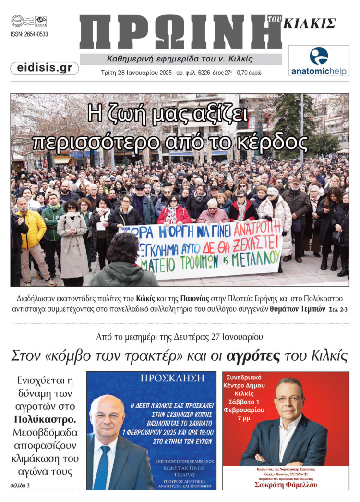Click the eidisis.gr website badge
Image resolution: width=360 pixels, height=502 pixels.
coord(44,68)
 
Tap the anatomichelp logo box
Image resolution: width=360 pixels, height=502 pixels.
coord(319,61)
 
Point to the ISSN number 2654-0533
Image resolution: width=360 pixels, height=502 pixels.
coord(29,34)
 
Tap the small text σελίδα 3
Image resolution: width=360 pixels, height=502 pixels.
coord(20,486)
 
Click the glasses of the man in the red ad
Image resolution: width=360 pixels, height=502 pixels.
coord(288,399)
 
